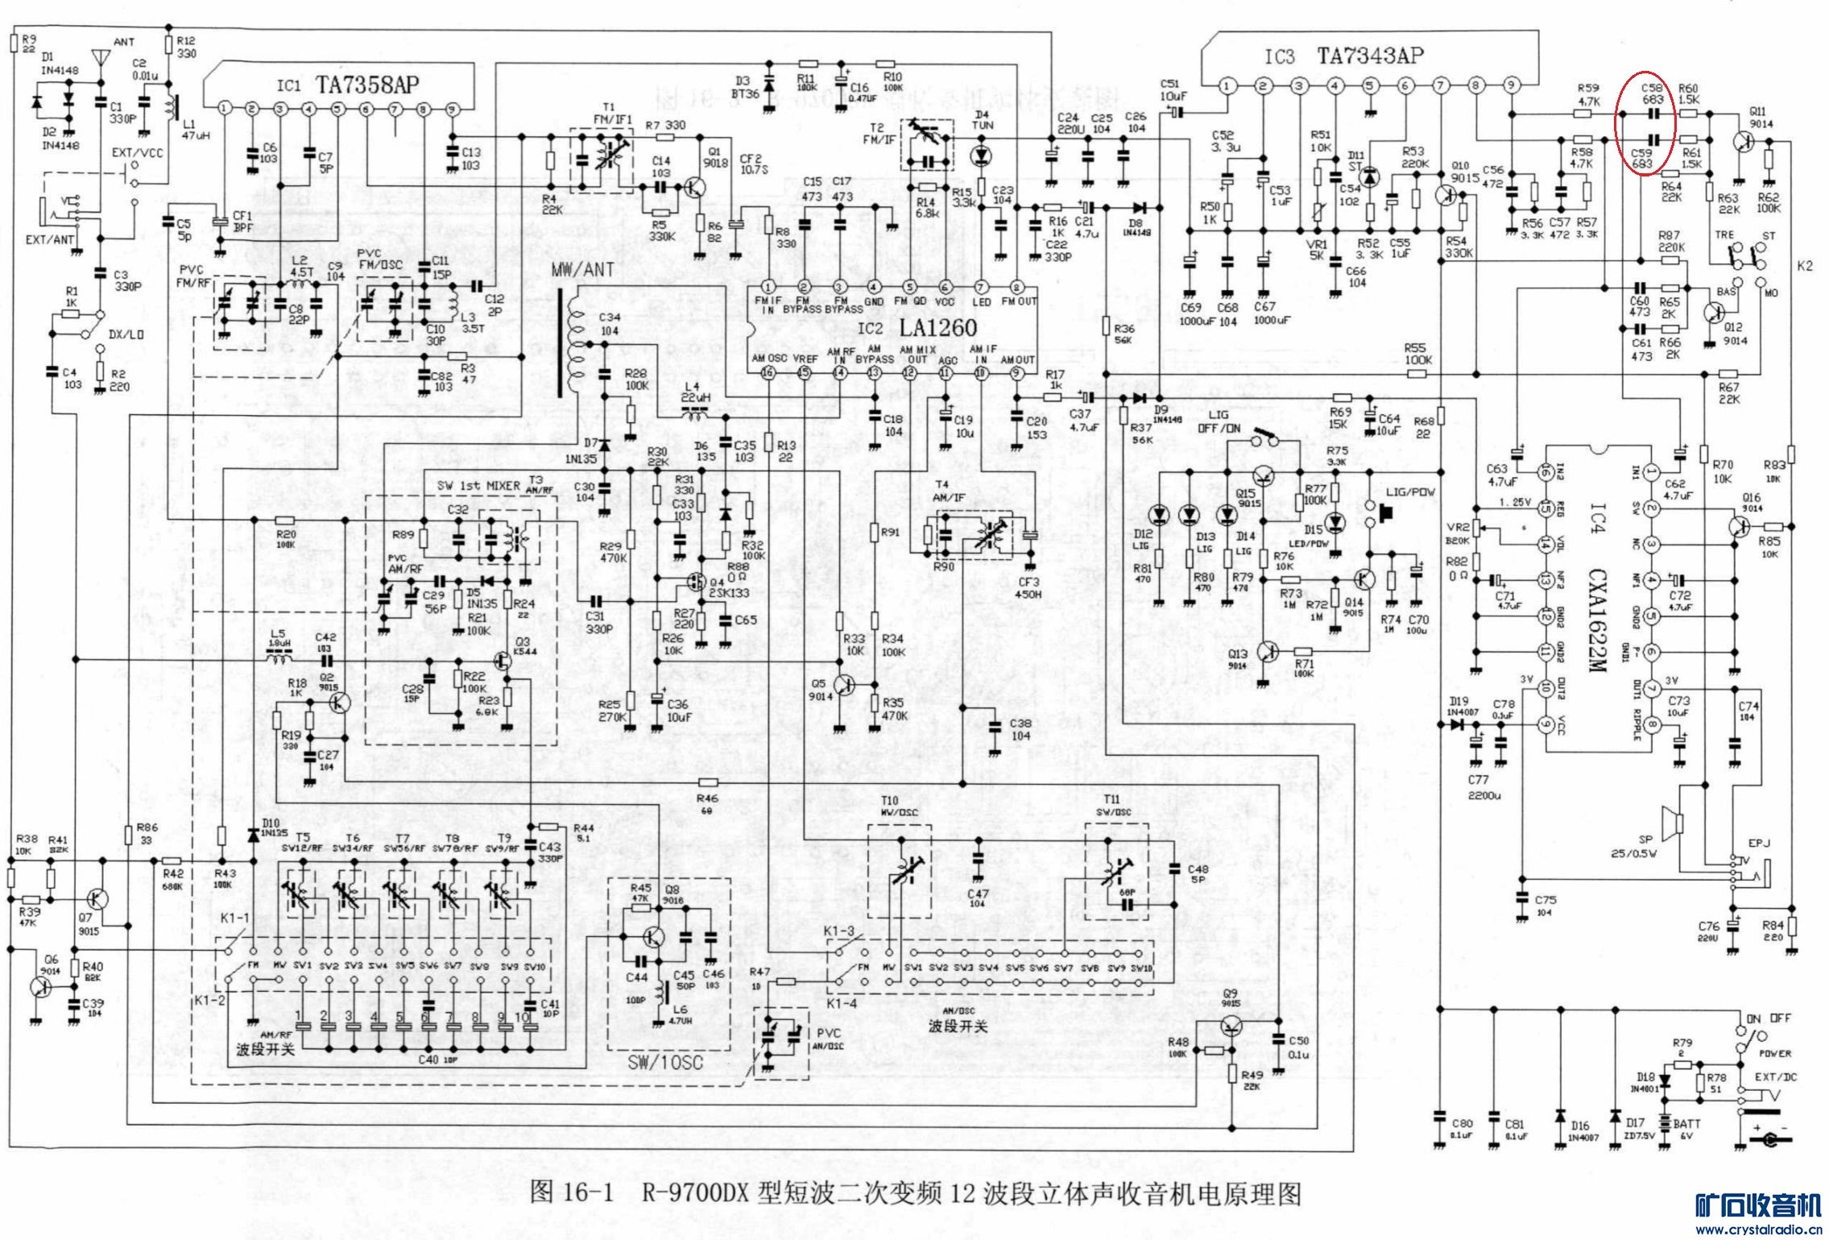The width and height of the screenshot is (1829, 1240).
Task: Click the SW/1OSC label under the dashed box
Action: [x=665, y=1063]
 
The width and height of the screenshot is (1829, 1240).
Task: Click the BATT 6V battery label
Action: [x=1687, y=1128]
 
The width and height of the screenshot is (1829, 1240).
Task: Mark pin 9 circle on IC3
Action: [x=1511, y=85]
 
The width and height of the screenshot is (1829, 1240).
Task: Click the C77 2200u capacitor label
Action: [x=1479, y=787]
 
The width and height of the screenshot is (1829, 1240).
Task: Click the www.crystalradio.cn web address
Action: [x=1761, y=1230]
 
